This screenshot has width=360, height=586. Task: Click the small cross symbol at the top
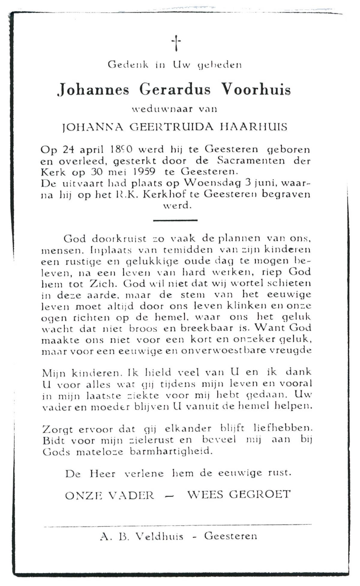(177, 43)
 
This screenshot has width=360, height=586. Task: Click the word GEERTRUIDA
(172, 127)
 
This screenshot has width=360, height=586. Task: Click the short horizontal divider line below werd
(175, 220)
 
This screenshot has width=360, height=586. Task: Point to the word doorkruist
(119, 239)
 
